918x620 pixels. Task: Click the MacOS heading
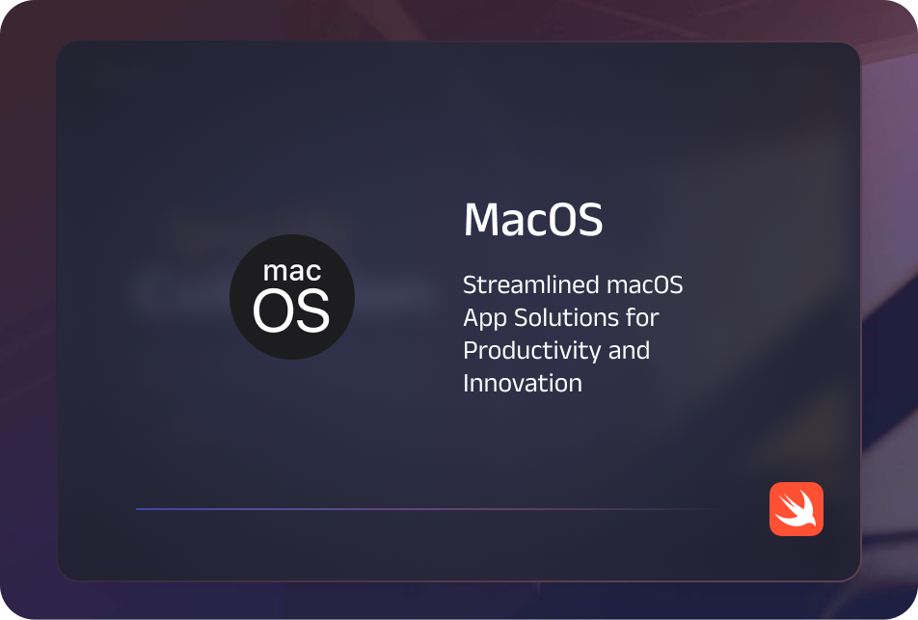point(532,221)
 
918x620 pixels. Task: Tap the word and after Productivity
point(629,350)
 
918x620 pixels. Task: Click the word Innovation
point(523,383)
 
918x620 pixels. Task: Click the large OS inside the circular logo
point(291,310)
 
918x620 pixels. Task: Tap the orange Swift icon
point(796,509)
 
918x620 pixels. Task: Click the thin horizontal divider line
point(424,509)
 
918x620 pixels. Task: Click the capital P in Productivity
point(470,351)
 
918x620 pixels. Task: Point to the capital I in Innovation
point(467,383)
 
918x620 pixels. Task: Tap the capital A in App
point(472,318)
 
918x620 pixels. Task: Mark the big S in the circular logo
point(312,310)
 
